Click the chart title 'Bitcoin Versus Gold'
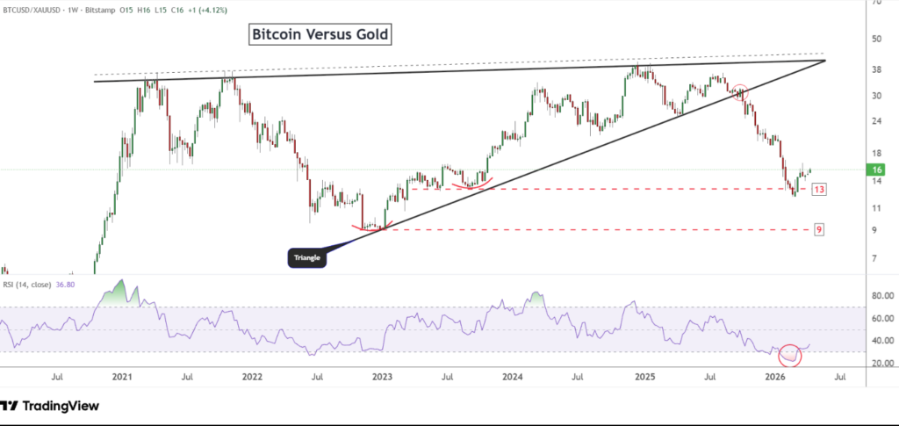coord(319,35)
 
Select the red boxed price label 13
coord(817,190)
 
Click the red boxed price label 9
coord(818,229)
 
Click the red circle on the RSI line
coord(790,355)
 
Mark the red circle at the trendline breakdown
coord(740,92)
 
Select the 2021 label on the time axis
coord(122,376)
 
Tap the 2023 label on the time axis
coord(383,376)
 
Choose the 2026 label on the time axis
coord(774,376)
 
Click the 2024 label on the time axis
coord(513,376)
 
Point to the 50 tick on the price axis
coord(876,39)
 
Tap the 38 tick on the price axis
coord(876,69)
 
